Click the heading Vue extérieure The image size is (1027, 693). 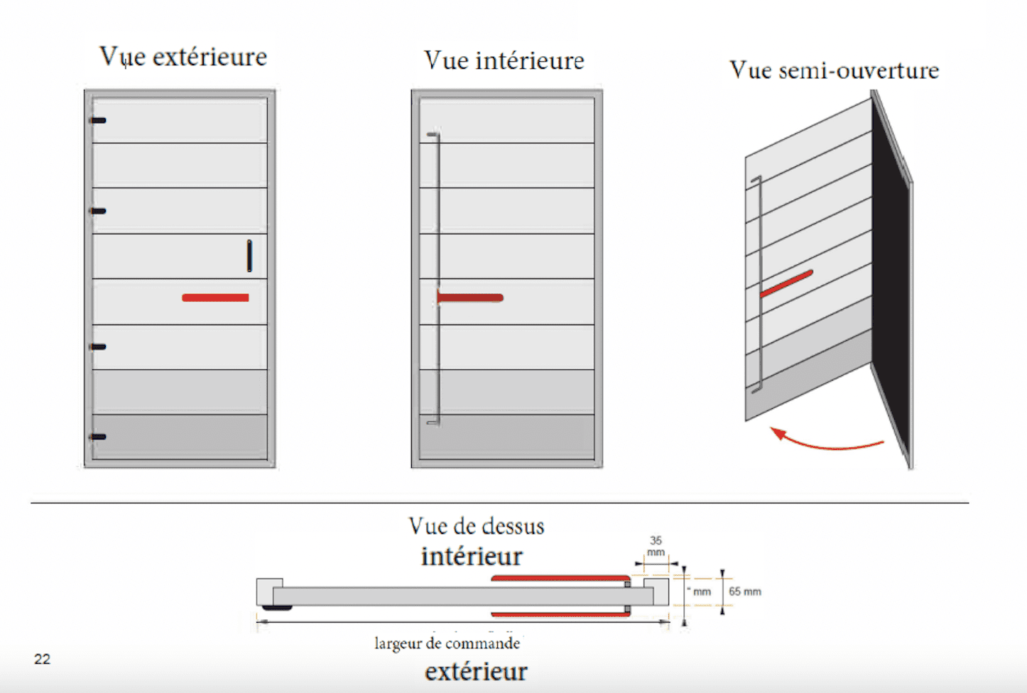tap(183, 57)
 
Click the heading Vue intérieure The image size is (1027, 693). tap(504, 61)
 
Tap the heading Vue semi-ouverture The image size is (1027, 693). tap(834, 70)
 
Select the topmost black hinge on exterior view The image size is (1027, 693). tap(98, 121)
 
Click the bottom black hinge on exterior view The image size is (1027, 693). tap(98, 437)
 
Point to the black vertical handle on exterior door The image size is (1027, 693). tap(249, 256)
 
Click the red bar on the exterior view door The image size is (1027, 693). tap(215, 298)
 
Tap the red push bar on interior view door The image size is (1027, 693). tap(470, 298)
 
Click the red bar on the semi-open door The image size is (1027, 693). tap(786, 283)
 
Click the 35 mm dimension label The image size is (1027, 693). tap(656, 546)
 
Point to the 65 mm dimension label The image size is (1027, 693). tap(744, 591)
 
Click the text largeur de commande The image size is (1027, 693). tap(447, 643)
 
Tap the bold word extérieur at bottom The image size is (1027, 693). tap(476, 671)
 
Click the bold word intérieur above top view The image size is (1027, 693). tap(472, 556)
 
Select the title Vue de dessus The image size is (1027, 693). tap(476, 526)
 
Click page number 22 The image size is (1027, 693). tap(42, 659)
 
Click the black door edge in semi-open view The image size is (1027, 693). tap(891, 277)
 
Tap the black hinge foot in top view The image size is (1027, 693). tap(276, 607)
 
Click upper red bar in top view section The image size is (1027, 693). tap(560, 579)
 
